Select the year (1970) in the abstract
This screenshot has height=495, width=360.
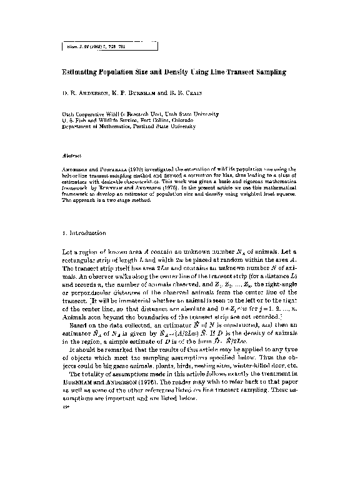pyautogui.click(x=137, y=169)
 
